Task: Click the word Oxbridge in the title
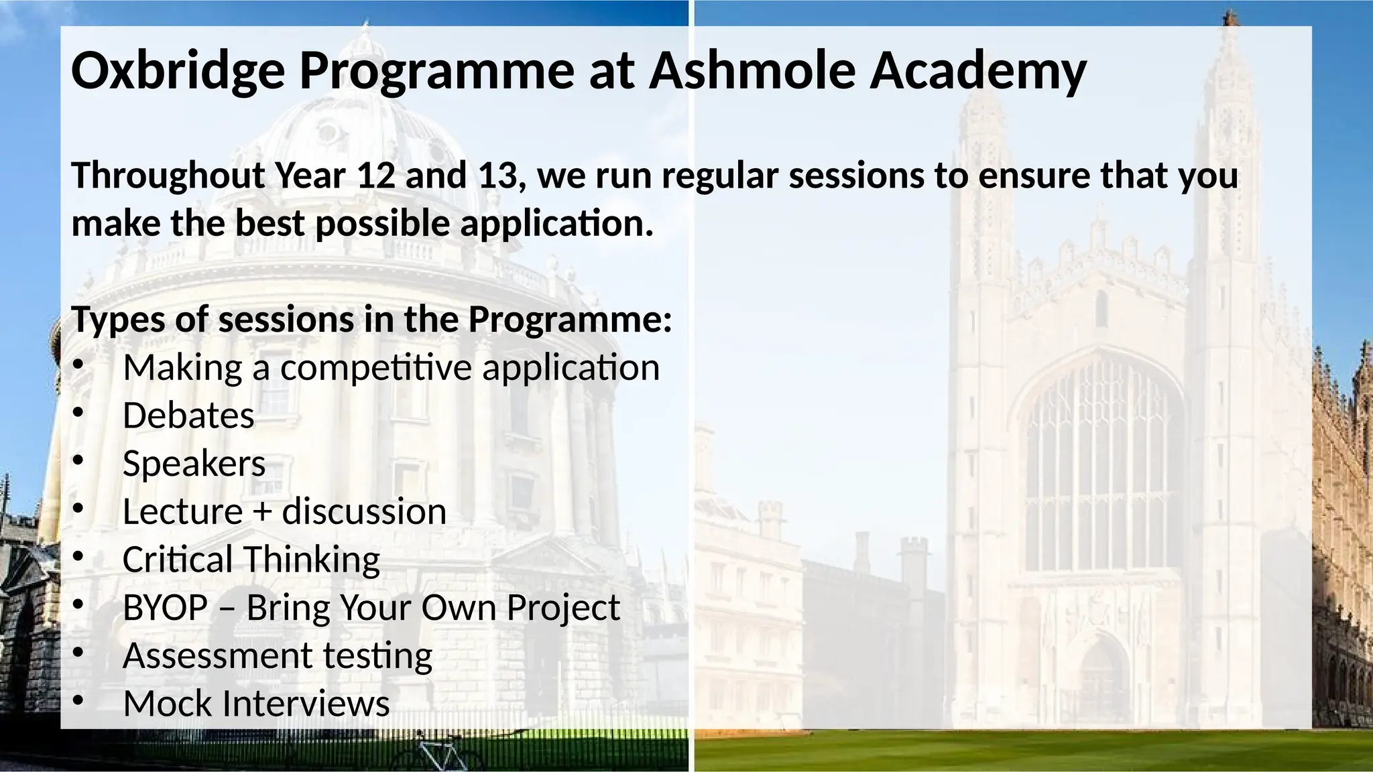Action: [x=178, y=72]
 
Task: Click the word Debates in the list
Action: [x=188, y=415]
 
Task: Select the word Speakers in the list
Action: [x=194, y=464]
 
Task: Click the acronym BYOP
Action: [x=165, y=608]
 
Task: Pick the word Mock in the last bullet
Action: [x=168, y=704]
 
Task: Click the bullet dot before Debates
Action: [x=78, y=413]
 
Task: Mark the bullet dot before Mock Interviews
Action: [x=78, y=700]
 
